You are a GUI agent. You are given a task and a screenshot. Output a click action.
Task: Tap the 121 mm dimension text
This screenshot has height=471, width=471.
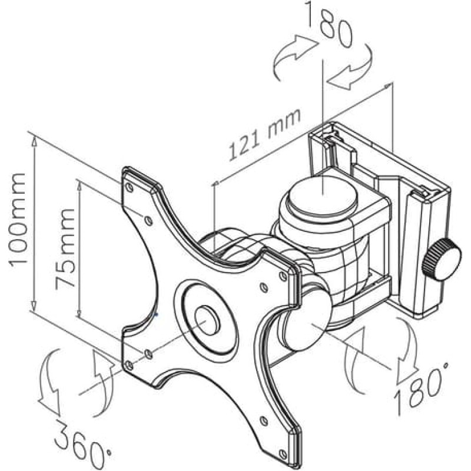[x=264, y=135]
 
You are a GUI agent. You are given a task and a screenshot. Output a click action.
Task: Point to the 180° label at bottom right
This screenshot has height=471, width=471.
[x=420, y=387]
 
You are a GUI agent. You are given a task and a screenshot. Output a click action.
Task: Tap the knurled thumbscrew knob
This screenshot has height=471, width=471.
[x=441, y=260]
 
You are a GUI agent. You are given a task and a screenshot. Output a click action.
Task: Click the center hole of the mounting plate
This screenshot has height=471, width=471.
[x=207, y=320]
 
